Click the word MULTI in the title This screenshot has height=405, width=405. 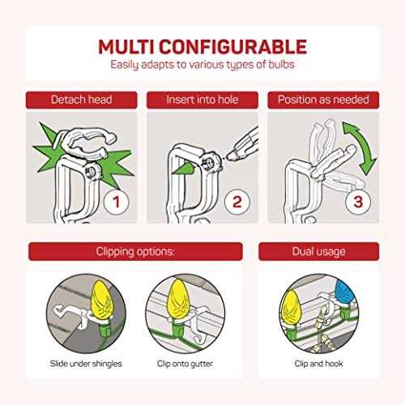126,47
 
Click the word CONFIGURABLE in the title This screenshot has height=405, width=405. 233,47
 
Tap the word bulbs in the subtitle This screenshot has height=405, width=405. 281,65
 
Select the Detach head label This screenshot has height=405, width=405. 82,100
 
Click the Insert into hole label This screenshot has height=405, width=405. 202,100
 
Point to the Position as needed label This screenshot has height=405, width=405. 323,100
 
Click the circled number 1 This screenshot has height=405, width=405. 117,202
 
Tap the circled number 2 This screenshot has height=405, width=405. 237,202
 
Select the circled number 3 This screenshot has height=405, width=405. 358,202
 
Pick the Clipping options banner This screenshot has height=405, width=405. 135,252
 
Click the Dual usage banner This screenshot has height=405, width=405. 319,252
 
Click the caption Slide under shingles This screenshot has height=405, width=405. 86,364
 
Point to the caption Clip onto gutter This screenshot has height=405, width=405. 185,364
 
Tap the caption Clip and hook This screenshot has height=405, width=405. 319,364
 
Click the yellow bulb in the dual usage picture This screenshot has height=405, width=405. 291,308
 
